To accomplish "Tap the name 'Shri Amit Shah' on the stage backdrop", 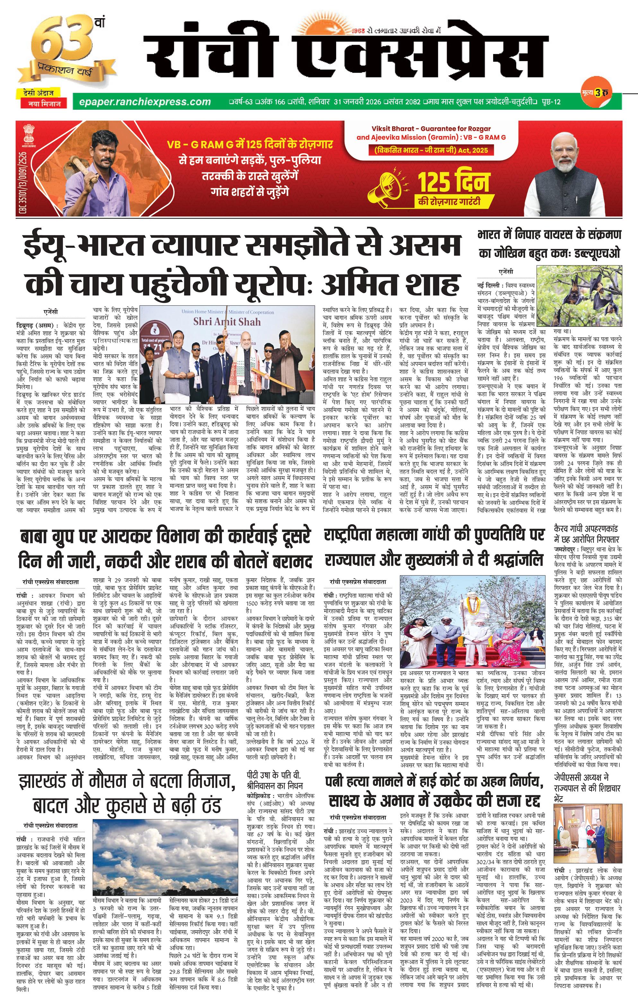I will (x=227, y=321).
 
